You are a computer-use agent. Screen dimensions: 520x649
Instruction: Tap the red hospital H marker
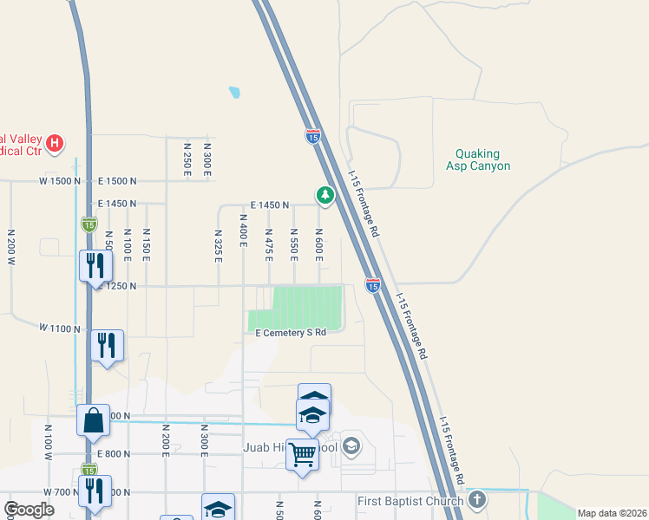pos(55,142)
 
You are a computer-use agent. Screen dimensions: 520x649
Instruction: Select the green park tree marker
pos(324,196)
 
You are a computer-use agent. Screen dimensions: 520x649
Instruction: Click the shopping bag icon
pos(93,421)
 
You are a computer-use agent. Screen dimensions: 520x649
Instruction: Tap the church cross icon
pos(476,500)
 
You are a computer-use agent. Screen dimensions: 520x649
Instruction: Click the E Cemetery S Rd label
pos(290,333)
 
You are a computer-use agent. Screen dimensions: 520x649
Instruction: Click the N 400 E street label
pos(244,244)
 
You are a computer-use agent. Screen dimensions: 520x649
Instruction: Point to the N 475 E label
pos(269,244)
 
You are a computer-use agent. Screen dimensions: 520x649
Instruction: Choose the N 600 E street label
pos(319,244)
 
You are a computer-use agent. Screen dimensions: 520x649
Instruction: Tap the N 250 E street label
pos(187,160)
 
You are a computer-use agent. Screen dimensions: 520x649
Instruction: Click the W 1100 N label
pos(59,328)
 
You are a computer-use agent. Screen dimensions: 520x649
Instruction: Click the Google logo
pos(29,510)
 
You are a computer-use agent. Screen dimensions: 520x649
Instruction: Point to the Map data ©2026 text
pos(611,513)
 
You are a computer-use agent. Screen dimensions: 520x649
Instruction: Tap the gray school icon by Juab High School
pos(351,446)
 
